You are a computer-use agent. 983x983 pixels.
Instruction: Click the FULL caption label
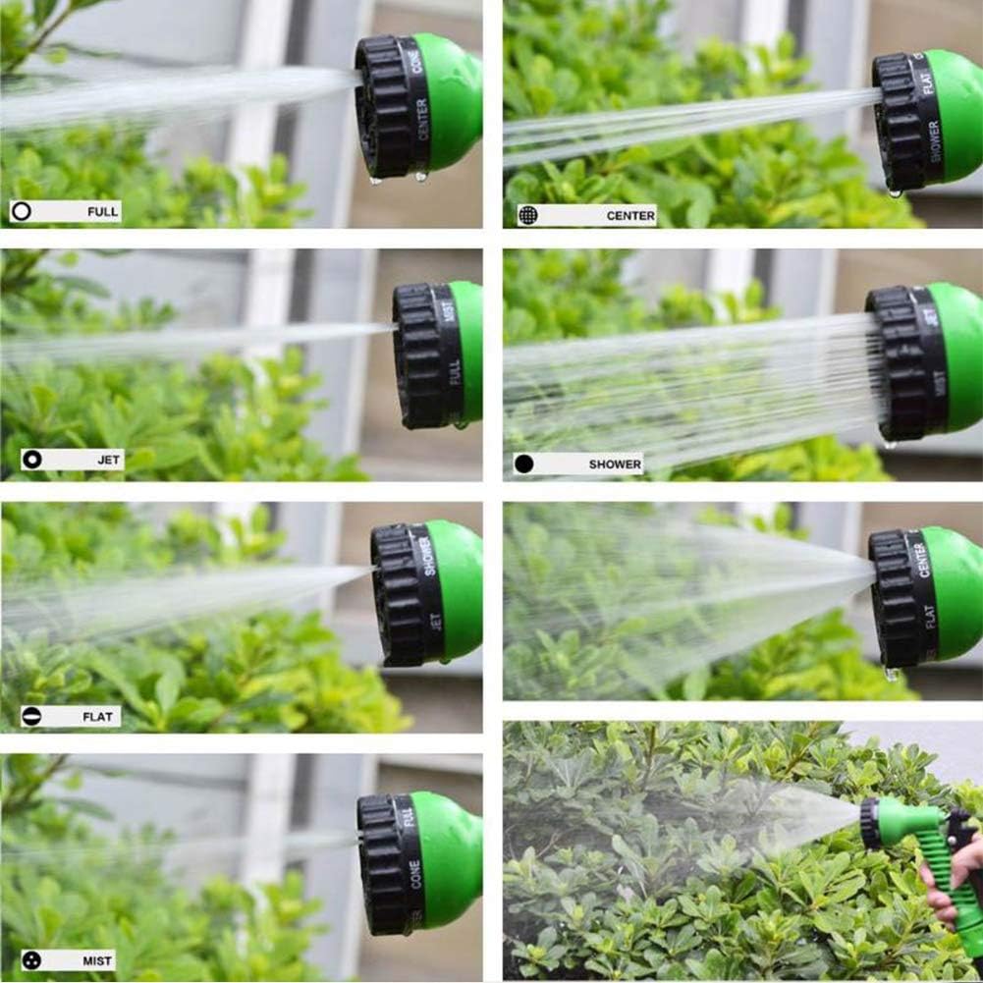pyautogui.click(x=102, y=211)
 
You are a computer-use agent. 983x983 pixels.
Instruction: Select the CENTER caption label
pyautogui.click(x=629, y=215)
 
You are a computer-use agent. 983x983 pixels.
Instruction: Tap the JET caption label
pyautogui.click(x=108, y=459)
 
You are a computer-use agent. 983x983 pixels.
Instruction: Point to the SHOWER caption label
pyautogui.click(x=615, y=464)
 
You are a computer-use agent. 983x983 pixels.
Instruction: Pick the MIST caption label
pyautogui.click(x=97, y=960)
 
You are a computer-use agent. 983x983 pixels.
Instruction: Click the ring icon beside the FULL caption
pyautogui.click(x=22, y=211)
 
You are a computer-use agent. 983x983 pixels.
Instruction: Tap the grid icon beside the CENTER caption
pyautogui.click(x=528, y=215)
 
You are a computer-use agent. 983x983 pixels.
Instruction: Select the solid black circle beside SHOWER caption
pyautogui.click(x=523, y=464)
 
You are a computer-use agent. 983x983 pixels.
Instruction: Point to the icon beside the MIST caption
pyautogui.click(x=32, y=960)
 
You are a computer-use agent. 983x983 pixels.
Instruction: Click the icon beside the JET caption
pyautogui.click(x=32, y=459)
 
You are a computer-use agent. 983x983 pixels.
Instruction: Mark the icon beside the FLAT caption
pyautogui.click(x=31, y=717)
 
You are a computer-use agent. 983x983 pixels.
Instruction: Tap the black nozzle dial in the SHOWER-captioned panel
pyautogui.click(x=899, y=363)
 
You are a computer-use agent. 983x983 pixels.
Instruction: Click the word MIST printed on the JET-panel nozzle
pyautogui.click(x=449, y=312)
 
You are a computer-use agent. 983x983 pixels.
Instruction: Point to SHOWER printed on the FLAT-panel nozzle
pyautogui.click(x=429, y=557)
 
